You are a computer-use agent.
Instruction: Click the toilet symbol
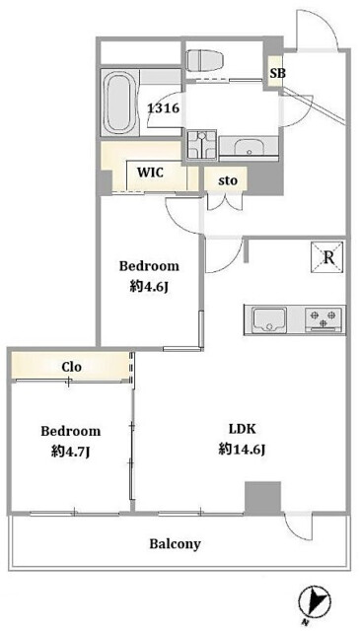click(x=205, y=60)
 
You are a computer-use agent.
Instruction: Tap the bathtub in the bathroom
click(x=118, y=103)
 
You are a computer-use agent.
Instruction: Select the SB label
click(x=278, y=73)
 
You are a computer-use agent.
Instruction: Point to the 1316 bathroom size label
click(x=163, y=108)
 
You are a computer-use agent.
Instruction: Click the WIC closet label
click(x=150, y=173)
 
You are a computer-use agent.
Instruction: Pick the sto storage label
click(x=228, y=180)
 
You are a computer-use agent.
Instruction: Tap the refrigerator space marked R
click(x=327, y=257)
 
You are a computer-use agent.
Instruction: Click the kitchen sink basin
click(x=269, y=319)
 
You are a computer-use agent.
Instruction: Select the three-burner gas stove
click(x=324, y=318)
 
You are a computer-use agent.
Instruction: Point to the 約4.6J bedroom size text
click(x=149, y=287)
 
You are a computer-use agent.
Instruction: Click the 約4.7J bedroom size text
click(x=70, y=452)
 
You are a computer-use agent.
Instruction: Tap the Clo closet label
click(x=72, y=367)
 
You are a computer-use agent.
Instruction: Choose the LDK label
click(x=242, y=429)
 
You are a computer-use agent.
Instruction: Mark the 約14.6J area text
click(x=242, y=449)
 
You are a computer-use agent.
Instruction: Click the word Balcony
click(x=175, y=544)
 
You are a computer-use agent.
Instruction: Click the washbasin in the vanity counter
click(x=248, y=147)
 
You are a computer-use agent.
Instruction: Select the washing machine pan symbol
click(x=202, y=144)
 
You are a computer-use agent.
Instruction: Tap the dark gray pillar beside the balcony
click(x=262, y=498)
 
